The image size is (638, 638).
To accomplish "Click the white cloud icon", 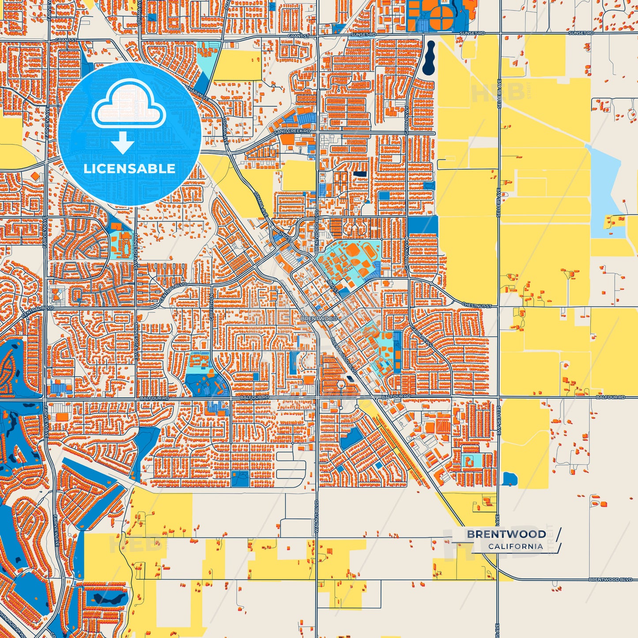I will pyautogui.click(x=129, y=105).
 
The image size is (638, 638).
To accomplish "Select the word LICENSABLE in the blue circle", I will pyautogui.click(x=129, y=169).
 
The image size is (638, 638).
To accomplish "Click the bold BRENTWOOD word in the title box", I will pyautogui.click(x=506, y=534).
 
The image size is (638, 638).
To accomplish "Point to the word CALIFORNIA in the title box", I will pyautogui.click(x=515, y=547).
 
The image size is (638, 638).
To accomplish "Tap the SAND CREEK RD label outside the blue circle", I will pyautogui.click(x=292, y=132).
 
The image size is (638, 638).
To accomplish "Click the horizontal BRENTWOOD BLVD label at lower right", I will pyautogui.click(x=610, y=579).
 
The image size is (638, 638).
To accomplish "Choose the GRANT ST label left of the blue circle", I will pyautogui.click(x=66, y=40).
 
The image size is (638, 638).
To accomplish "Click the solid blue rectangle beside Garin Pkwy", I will pyautogui.click(x=422, y=225).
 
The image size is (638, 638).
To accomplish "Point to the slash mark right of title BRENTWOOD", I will pyautogui.click(x=559, y=534).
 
